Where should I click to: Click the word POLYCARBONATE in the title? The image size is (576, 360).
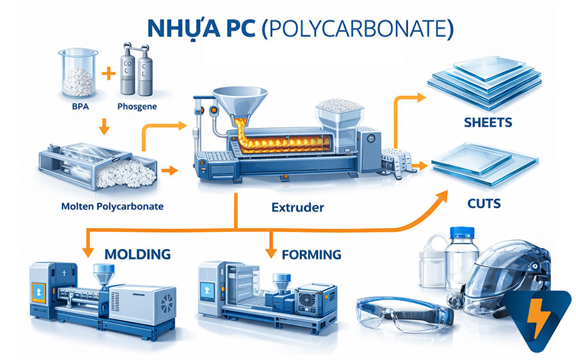coord(353,29)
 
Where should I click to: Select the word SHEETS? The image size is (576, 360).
coord(487,123)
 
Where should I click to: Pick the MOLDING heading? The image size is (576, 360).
coord(137,255)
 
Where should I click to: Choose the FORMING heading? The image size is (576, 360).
coord(311,255)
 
